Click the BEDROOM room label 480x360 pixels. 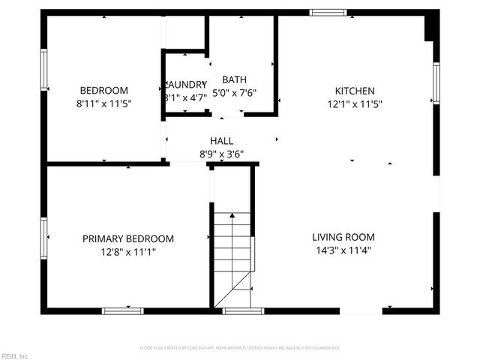pos(103,90)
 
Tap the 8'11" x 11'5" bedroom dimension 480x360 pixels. pos(103,103)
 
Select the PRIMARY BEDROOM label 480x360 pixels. pos(127,238)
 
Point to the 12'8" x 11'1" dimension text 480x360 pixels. pos(127,252)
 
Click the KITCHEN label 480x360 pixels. pos(355,91)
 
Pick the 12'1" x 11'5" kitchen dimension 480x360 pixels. pos(355,104)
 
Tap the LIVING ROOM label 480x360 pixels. pos(343,237)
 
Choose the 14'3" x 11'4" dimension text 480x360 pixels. pos(343,251)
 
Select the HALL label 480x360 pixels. pos(221,140)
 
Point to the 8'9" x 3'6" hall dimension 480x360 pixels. pos(221,154)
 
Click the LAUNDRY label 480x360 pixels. pos(184,84)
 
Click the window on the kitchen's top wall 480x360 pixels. pos(328,12)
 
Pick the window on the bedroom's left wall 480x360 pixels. pos(44,70)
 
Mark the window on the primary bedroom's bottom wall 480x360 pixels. pos(123,310)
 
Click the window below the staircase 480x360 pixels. pos(243,310)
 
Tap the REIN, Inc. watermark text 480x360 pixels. pos(14,355)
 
